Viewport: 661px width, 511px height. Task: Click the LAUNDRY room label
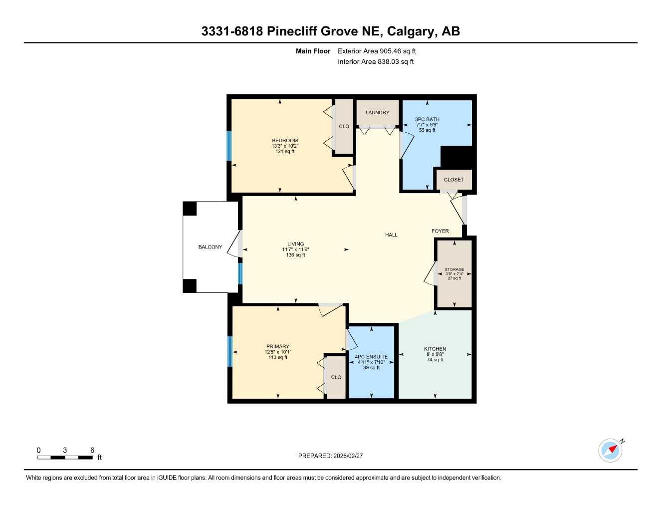click(377, 113)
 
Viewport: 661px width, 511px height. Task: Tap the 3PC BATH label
click(427, 119)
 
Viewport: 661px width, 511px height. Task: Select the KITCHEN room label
click(435, 349)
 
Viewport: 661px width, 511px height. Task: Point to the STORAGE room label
click(454, 269)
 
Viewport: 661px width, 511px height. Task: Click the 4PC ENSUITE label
click(371, 357)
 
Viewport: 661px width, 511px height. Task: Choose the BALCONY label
click(210, 247)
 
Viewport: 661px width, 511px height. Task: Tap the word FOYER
click(440, 231)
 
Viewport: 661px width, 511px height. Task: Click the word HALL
click(391, 235)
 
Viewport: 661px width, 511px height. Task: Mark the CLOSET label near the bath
click(453, 180)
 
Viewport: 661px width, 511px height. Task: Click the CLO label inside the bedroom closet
click(344, 127)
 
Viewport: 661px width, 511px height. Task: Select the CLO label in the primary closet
click(336, 377)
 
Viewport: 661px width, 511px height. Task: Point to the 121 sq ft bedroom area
click(285, 151)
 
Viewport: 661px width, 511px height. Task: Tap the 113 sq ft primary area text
click(278, 357)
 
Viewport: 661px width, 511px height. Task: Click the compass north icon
click(611, 450)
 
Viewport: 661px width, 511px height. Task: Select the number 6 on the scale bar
click(92, 450)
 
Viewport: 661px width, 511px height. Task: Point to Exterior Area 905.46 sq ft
click(377, 51)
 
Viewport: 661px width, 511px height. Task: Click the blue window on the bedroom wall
click(229, 146)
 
